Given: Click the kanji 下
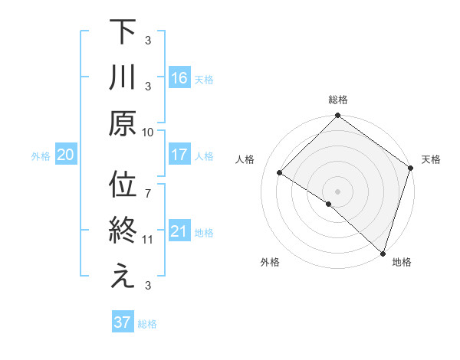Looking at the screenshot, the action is click(x=123, y=32).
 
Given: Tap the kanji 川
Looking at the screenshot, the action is click(x=123, y=79).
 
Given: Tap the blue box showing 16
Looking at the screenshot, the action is click(x=179, y=78).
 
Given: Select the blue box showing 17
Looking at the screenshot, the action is click(x=179, y=155).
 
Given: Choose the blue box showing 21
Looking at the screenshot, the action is click(x=179, y=232).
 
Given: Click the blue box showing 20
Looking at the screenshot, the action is click(x=65, y=155).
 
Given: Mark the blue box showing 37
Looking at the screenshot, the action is click(x=123, y=322).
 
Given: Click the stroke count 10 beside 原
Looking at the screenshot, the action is click(x=148, y=132).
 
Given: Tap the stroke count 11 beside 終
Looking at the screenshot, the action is click(x=148, y=240).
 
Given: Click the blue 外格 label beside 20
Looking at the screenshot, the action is click(x=41, y=156).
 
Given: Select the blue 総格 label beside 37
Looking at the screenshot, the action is click(x=147, y=324).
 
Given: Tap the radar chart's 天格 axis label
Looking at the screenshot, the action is click(x=432, y=159).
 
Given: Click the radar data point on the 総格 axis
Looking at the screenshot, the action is click(x=338, y=116).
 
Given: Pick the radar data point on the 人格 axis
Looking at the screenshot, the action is click(x=280, y=173).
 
